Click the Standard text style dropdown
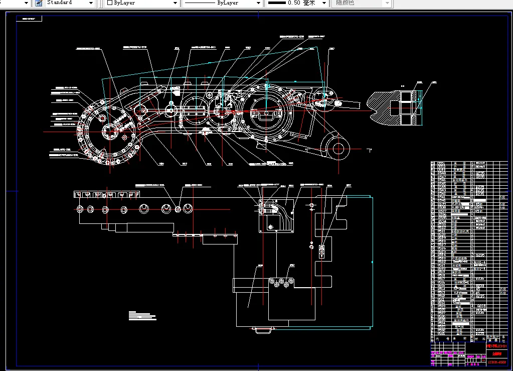[x=69, y=3]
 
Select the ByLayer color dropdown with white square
[x=142, y=3]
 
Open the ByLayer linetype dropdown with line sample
[x=221, y=3]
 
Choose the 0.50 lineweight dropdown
[x=296, y=3]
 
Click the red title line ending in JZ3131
[x=497, y=346]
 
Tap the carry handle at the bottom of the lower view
[x=263, y=330]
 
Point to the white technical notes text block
[x=142, y=316]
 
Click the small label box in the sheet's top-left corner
[x=29, y=19]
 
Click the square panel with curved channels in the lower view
[x=273, y=214]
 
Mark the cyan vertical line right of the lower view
[x=372, y=261]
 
